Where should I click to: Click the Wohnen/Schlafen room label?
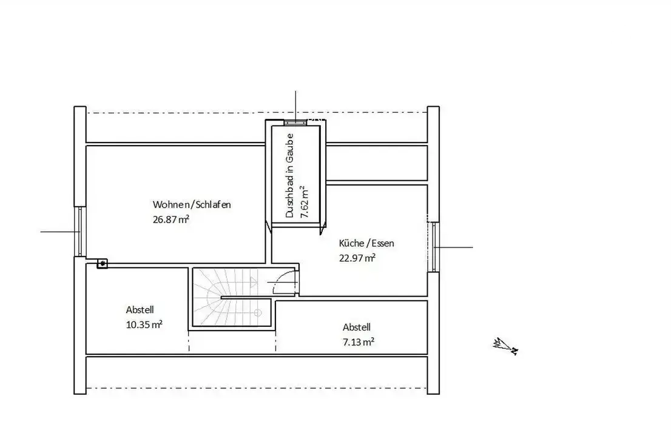click(x=192, y=204)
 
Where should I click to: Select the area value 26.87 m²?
click(x=170, y=219)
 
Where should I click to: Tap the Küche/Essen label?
click(x=366, y=243)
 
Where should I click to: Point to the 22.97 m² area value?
click(x=357, y=258)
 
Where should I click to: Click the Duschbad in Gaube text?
click(x=290, y=175)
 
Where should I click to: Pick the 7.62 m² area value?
click(x=305, y=201)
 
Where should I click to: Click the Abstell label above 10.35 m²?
click(x=140, y=309)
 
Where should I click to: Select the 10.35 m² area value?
click(x=144, y=324)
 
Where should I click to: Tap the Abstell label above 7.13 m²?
click(x=357, y=328)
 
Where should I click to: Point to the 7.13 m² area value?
click(x=359, y=342)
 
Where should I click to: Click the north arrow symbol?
click(x=506, y=346)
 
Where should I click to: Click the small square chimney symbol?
click(x=103, y=263)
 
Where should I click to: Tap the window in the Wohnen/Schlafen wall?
click(x=80, y=232)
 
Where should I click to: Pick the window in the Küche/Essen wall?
click(x=434, y=247)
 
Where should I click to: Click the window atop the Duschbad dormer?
click(x=295, y=123)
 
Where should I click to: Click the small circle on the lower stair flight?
click(x=258, y=313)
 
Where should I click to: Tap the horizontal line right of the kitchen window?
click(x=454, y=247)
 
